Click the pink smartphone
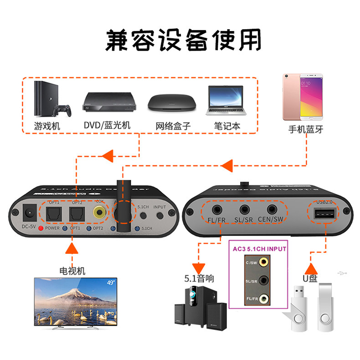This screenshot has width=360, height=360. click(301, 95)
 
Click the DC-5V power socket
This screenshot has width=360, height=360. click(28, 211)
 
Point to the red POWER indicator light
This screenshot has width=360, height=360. click(41, 228)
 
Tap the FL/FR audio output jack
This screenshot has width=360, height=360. click(215, 210)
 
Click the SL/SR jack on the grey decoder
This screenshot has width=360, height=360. click(244, 210)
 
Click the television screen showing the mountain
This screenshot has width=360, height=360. click(75, 298)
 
